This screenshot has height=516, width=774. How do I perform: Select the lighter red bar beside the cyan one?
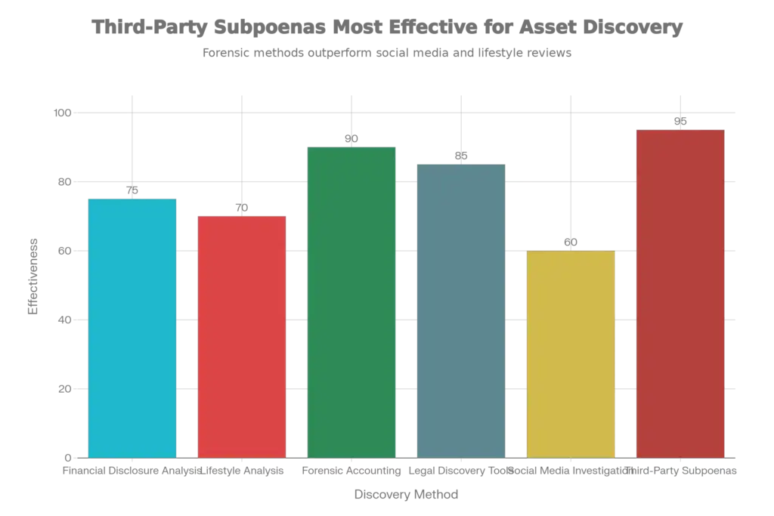coord(242,335)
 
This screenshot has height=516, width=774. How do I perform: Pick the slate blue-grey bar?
coord(462,310)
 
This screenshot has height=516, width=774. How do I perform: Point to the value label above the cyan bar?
coord(132,189)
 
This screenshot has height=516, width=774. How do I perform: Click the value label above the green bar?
coord(353,138)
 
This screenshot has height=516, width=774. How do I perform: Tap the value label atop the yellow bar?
coord(571,242)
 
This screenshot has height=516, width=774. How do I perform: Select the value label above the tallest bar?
coord(680,121)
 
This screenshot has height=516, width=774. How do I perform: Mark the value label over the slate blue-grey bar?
coord(462,156)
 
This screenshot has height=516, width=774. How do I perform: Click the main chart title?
coord(389,28)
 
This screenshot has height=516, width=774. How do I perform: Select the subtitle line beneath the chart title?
coord(386,54)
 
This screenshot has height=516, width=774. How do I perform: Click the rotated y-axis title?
coord(33,277)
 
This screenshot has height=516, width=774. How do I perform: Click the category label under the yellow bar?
coord(571,472)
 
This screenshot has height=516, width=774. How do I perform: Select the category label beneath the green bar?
coord(352,472)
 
